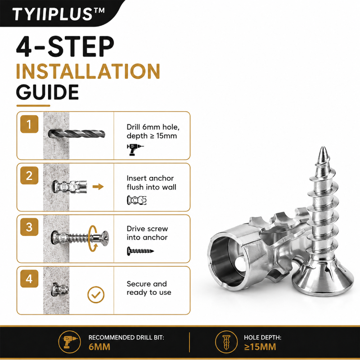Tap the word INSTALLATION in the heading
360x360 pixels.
tap(88, 71)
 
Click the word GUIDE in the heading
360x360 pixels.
tap(48, 92)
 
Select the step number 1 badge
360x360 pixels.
tap(29, 124)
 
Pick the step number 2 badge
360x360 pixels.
tap(29, 175)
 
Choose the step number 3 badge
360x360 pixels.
tap(29, 227)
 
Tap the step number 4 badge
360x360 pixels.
tap(29, 279)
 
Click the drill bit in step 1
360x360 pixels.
tap(76, 134)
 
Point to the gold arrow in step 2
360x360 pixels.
tap(98, 187)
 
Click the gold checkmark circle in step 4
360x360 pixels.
tap(96, 295)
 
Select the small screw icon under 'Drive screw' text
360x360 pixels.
tap(140, 251)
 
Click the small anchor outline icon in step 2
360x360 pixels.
tap(137, 200)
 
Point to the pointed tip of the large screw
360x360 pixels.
tap(323, 148)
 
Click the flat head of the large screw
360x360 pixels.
tap(323, 279)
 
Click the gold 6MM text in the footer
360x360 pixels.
tap(99, 346)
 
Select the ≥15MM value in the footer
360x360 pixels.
tap(260, 346)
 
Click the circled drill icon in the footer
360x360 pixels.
tap(69, 342)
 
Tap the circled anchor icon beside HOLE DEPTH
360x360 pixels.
tap(226, 342)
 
